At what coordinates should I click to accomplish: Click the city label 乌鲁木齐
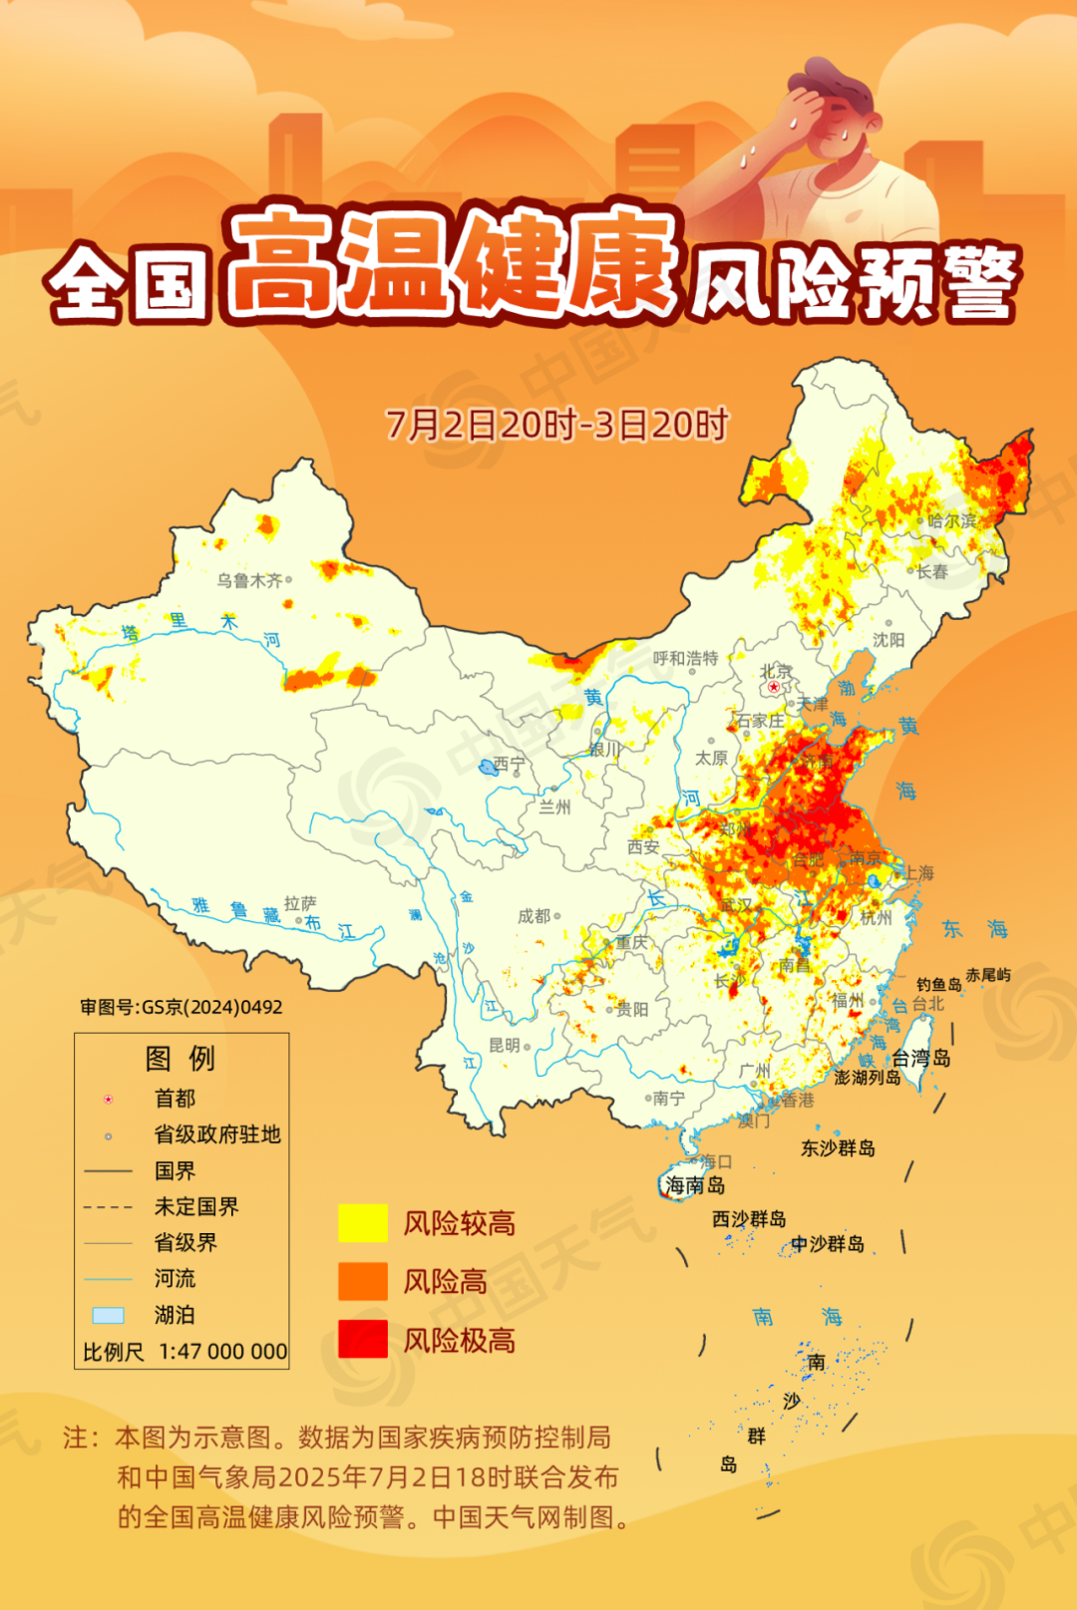click(x=249, y=580)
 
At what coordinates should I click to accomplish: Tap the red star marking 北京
click(x=774, y=687)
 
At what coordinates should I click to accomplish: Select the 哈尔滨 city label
click(x=951, y=520)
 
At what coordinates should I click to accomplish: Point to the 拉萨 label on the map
click(x=299, y=903)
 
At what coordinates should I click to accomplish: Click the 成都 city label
click(x=534, y=916)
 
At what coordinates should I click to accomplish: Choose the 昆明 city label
click(x=504, y=1045)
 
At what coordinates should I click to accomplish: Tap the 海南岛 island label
click(x=695, y=1185)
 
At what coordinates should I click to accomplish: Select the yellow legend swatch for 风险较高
click(x=363, y=1223)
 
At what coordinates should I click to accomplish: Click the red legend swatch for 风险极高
click(x=363, y=1339)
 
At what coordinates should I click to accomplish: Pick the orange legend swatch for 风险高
click(x=363, y=1281)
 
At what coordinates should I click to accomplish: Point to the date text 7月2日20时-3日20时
click(x=556, y=425)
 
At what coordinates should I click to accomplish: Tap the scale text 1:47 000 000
click(x=222, y=1352)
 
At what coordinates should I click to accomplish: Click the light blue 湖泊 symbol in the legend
click(x=108, y=1315)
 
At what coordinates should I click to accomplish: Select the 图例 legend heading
click(x=179, y=1058)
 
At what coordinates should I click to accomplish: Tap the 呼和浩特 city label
click(x=685, y=658)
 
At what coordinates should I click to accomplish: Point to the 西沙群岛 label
click(x=749, y=1219)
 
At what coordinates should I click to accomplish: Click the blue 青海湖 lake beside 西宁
click(x=487, y=767)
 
